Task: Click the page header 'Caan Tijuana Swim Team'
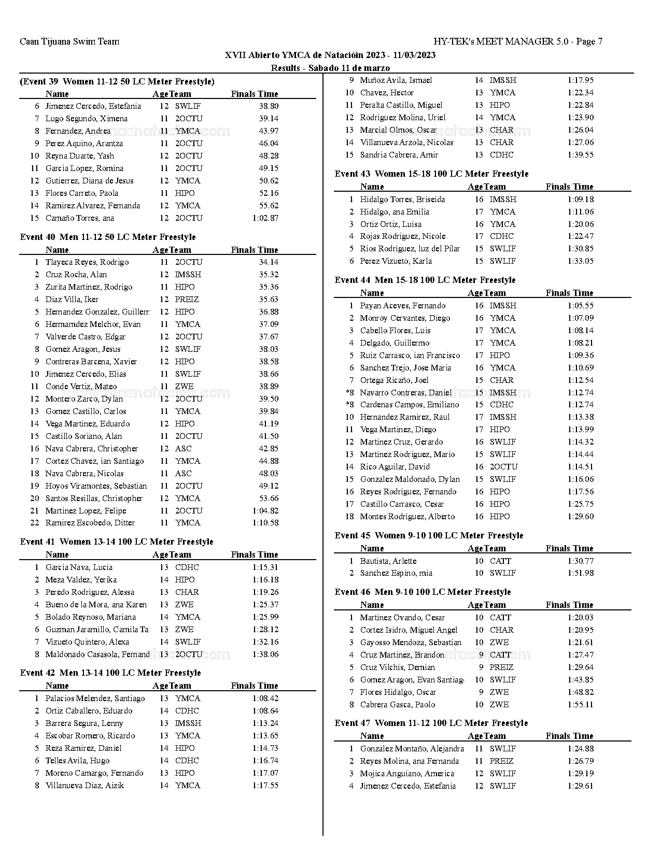[69, 42]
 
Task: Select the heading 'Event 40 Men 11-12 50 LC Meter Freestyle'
[108, 237]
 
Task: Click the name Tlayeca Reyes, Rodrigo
[87, 262]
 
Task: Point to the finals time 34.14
[269, 262]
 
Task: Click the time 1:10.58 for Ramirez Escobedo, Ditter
[265, 523]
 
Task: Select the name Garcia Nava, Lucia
[79, 567]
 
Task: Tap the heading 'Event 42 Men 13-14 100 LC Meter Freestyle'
[110, 673]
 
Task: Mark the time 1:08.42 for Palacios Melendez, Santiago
[265, 699]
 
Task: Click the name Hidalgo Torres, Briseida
[402, 199]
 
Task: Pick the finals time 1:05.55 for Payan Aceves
[580, 306]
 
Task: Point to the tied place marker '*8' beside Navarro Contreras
[349, 393]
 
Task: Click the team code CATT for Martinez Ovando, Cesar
[500, 618]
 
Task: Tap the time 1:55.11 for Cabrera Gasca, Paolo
[580, 705]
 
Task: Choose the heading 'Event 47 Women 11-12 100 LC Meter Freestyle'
[431, 723]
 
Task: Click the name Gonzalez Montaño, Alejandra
[412, 749]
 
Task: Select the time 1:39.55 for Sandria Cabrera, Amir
[580, 155]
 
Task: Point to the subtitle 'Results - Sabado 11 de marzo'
[330, 68]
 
